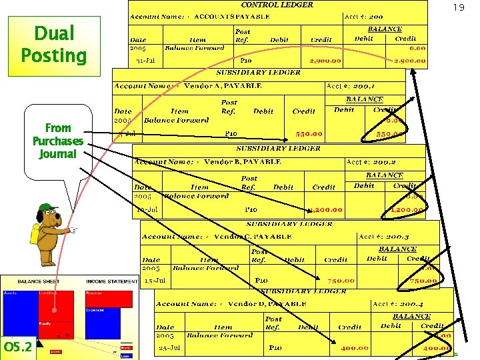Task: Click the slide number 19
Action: [458, 8]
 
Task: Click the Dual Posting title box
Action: [53, 44]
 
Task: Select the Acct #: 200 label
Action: [363, 16]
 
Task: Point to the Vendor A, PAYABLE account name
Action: [223, 85]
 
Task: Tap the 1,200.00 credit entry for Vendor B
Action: [325, 210]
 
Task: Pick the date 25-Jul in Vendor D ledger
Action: [170, 348]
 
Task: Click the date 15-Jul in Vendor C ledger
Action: [155, 281]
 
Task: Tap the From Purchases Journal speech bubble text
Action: [58, 141]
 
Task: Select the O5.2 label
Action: [17, 348]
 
